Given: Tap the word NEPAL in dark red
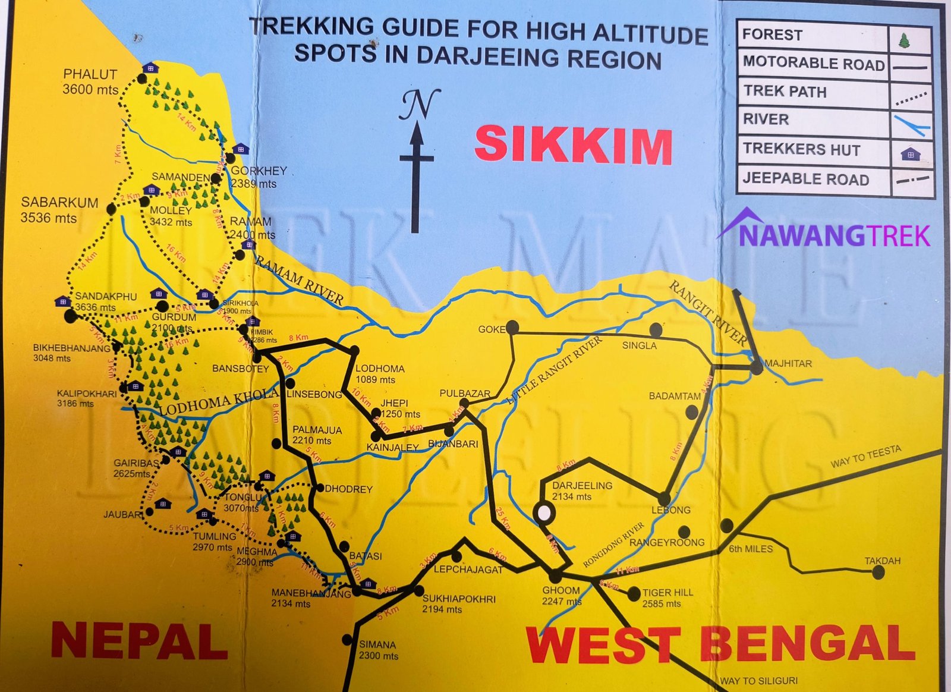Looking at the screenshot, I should (139, 640).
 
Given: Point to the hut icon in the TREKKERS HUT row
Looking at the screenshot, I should (910, 155).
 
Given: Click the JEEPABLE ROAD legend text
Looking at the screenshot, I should (805, 179).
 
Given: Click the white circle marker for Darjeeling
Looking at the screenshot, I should (544, 512).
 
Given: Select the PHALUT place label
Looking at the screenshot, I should (90, 74).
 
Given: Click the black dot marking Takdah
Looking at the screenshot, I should (878, 573).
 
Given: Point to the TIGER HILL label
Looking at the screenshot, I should (667, 592).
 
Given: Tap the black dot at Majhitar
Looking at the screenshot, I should (756, 368).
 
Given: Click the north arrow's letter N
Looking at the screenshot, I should (420, 105).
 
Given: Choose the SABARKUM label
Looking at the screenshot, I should (59, 202).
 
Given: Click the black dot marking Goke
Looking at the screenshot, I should (512, 327).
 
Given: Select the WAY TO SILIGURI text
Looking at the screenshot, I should (758, 681).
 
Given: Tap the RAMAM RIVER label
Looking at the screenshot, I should (300, 280).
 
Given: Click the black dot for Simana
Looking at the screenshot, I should (348, 640).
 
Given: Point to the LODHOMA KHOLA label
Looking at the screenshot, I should (219, 402).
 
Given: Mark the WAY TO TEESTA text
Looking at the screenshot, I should (865, 456).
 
